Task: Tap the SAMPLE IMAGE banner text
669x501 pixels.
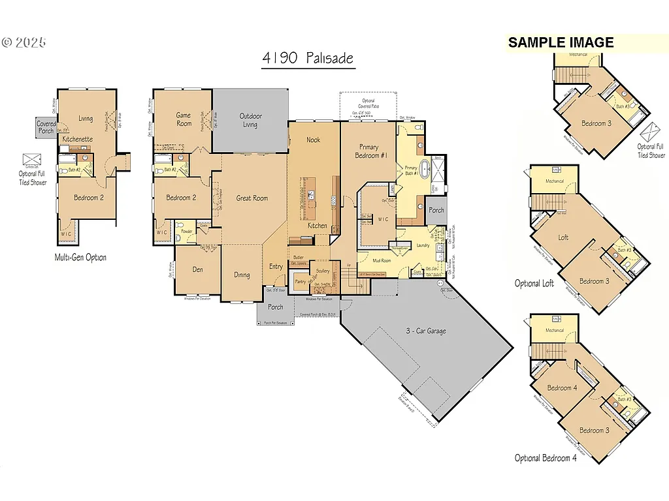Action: (x=561, y=42)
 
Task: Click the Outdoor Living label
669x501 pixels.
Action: (x=250, y=120)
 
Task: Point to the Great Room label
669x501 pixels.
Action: (x=252, y=198)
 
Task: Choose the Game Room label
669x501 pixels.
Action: (x=184, y=119)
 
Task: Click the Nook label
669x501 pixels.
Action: (x=314, y=140)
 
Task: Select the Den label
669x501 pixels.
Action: (x=197, y=269)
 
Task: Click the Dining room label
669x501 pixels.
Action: (x=242, y=275)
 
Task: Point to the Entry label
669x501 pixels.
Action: (x=276, y=266)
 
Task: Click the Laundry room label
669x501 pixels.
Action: (x=422, y=245)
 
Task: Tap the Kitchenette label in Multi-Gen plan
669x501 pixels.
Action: (x=77, y=140)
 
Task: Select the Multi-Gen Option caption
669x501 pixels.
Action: (x=80, y=257)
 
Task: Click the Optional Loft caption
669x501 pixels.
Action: (x=534, y=283)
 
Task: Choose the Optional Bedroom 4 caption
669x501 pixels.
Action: (x=546, y=458)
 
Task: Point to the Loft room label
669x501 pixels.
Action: (x=563, y=237)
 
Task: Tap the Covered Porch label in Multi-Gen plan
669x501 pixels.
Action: (x=46, y=127)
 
